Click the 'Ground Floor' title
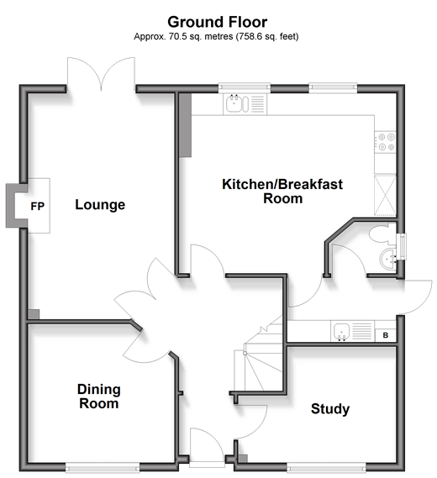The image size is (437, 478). [217, 22]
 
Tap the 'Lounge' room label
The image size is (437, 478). [100, 204]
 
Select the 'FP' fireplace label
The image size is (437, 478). [38, 207]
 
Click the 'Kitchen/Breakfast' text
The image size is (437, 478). [282, 184]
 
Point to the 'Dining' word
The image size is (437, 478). [99, 389]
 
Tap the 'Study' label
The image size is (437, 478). [330, 409]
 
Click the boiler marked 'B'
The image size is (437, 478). [386, 335]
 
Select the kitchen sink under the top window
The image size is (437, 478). [245, 103]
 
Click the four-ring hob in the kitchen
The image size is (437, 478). [386, 143]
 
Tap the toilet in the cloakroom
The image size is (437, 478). [382, 234]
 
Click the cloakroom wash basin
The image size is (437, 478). [388, 260]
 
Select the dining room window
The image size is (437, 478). [103, 467]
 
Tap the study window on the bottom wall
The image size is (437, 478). [326, 467]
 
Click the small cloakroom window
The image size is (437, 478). [403, 247]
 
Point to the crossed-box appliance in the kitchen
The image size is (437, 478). [385, 195]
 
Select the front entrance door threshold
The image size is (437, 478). [208, 465]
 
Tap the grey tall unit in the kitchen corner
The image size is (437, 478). [185, 125]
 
